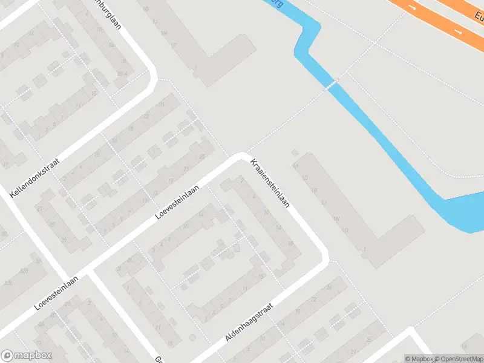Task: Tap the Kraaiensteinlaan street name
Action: point(270,183)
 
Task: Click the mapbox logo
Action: point(27,356)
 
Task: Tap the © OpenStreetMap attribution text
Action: point(458,359)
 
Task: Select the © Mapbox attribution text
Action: point(419,359)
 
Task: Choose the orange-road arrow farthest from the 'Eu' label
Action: point(412,8)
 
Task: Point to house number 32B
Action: point(24,271)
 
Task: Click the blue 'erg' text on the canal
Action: point(278,3)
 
